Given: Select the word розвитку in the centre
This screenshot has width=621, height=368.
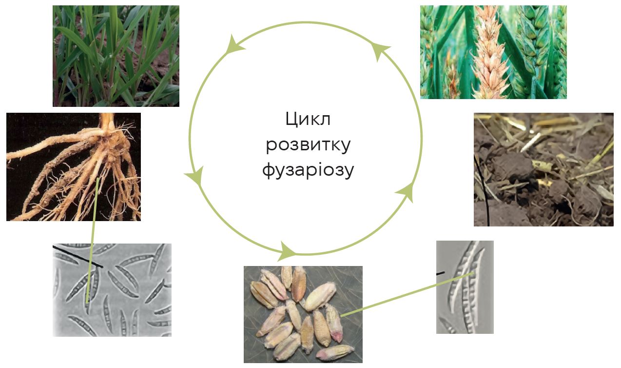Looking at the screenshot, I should [309, 144].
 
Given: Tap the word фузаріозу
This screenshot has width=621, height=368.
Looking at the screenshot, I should [308, 170].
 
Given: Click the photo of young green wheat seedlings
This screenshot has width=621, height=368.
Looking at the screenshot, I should [116, 56].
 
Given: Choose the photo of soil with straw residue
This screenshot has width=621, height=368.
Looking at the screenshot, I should [543, 170].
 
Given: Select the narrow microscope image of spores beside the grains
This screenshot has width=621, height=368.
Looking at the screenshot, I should [465, 287].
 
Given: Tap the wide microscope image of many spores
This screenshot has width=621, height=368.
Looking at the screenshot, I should [112, 290].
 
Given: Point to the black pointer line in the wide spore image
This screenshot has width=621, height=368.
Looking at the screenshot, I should [78, 257].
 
